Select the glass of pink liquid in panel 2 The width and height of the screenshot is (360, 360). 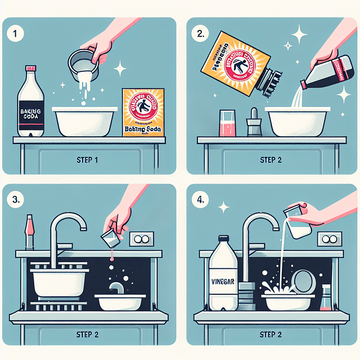pos(227,124)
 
